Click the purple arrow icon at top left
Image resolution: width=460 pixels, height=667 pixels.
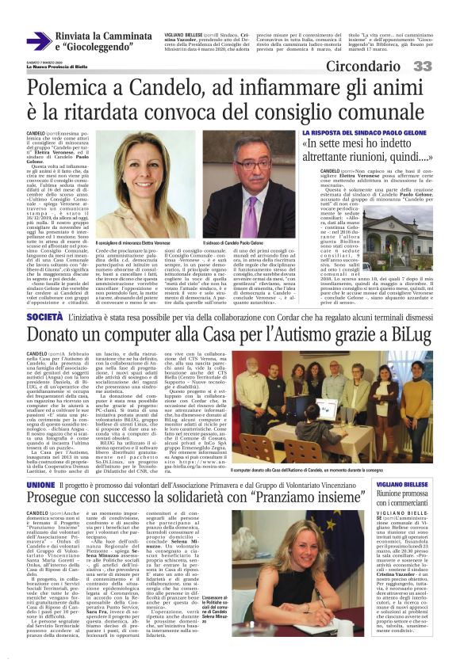coord(39,40)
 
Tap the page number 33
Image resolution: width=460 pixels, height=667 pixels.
coord(442,65)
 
